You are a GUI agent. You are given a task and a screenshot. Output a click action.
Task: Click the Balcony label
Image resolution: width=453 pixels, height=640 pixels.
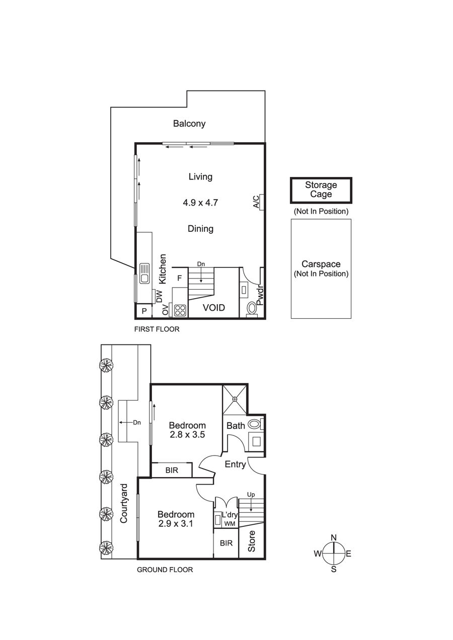[189, 124]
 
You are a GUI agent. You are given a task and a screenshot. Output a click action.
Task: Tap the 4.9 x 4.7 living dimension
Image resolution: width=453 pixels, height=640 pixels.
[200, 203]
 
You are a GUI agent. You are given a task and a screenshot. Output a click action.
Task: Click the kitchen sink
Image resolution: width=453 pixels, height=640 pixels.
[144, 273]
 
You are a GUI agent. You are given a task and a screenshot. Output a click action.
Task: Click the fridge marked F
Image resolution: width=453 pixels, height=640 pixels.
[180, 278]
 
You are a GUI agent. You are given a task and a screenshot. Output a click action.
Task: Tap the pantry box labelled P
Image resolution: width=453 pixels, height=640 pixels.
[144, 311]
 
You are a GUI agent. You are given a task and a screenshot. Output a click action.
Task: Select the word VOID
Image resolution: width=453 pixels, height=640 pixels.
[214, 308]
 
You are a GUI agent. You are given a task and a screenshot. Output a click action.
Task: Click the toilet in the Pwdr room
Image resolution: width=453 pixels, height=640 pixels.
[252, 309]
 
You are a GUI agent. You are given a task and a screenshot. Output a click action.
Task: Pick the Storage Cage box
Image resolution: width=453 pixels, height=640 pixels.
[321, 190]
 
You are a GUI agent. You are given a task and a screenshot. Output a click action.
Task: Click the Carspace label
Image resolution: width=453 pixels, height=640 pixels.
[321, 264]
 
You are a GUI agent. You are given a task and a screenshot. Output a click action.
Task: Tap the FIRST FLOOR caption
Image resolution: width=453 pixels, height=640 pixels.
[157, 329]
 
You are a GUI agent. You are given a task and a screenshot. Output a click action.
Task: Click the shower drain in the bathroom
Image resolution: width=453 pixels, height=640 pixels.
[235, 399]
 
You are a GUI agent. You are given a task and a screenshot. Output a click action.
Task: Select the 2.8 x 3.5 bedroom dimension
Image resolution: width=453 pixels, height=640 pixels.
[187, 435]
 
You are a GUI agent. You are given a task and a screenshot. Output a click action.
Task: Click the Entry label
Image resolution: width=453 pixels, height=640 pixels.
[236, 464]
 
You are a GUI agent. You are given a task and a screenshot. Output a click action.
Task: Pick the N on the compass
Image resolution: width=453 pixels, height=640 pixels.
[333, 537]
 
